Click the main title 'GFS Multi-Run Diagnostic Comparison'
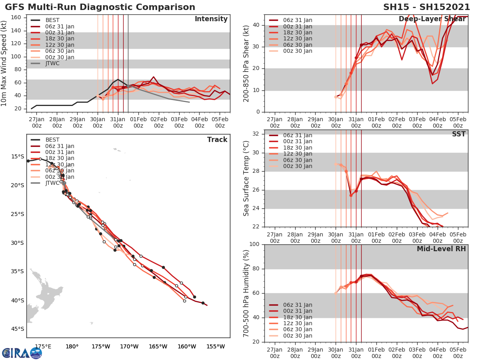(x=100, y=7)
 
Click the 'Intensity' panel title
(x=211, y=19)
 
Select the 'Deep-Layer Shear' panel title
(x=432, y=19)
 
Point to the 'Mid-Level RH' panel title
(x=441, y=249)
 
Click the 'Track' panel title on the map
(x=217, y=140)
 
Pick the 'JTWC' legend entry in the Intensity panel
(x=53, y=63)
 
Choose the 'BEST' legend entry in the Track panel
(x=53, y=140)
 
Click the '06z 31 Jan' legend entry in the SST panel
(x=298, y=135)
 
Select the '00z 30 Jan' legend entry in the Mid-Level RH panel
(x=298, y=336)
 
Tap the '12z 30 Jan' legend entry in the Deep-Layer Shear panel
(x=298, y=39)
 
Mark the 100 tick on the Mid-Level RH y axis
(x=256, y=244)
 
